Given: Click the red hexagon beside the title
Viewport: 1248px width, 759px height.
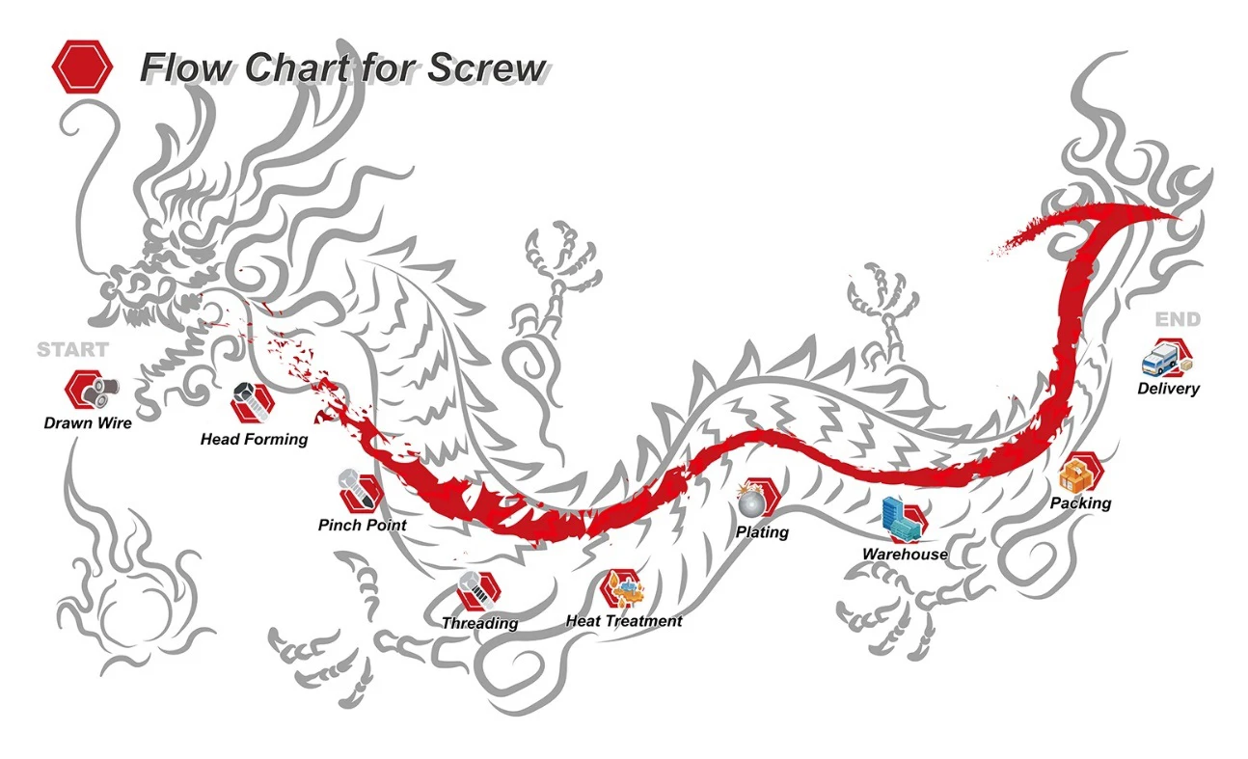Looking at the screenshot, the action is point(82,67).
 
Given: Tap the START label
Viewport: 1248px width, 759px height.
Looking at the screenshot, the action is point(72,349).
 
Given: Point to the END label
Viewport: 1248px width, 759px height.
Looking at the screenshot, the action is point(1178,320).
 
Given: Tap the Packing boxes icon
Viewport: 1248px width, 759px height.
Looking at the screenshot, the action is point(1079,474).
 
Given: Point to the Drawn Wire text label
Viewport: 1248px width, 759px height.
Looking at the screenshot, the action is point(88,422).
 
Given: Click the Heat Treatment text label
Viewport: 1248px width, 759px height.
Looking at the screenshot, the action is point(624,621).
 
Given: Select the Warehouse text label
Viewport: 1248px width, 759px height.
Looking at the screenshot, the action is point(905,555).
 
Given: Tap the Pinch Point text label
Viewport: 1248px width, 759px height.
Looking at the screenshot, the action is point(362,526).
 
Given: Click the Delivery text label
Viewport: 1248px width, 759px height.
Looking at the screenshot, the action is point(1168,389).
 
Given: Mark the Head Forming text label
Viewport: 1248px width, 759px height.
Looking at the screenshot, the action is point(254,440).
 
